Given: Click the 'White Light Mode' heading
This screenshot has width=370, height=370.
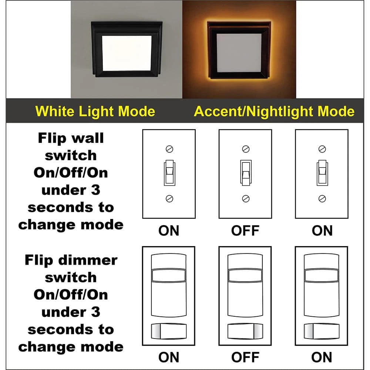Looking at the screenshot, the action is click(x=95, y=111).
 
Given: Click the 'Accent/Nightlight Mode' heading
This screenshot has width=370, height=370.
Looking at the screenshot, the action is click(x=274, y=111).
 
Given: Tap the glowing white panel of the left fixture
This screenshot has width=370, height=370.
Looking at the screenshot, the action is click(x=127, y=53).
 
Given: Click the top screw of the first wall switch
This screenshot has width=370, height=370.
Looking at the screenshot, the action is click(x=169, y=149).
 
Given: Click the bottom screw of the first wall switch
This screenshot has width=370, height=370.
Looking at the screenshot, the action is click(x=169, y=199).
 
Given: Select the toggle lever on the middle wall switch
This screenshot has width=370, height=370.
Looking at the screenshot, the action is click(x=246, y=173).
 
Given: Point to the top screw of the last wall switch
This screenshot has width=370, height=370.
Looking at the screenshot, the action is click(x=322, y=149).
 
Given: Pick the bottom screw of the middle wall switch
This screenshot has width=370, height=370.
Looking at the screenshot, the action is click(x=246, y=199).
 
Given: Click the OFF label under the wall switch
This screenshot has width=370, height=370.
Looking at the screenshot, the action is click(x=245, y=231).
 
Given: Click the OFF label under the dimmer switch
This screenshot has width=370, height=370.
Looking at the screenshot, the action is click(x=245, y=357).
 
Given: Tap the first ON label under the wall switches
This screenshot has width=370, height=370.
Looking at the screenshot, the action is click(x=169, y=231).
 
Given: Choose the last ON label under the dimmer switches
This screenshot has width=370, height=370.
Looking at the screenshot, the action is click(x=322, y=357).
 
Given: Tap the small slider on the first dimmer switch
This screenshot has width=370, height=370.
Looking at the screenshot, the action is click(x=169, y=331).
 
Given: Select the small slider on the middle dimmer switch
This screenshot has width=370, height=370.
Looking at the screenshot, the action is click(x=245, y=331).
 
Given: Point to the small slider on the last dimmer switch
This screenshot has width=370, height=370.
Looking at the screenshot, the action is click(x=322, y=331).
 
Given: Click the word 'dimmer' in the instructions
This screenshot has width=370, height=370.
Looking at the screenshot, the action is click(x=88, y=260).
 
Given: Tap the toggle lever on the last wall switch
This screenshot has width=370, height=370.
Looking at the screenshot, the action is click(x=322, y=173).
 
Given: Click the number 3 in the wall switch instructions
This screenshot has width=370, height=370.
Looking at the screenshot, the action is click(x=95, y=190).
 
